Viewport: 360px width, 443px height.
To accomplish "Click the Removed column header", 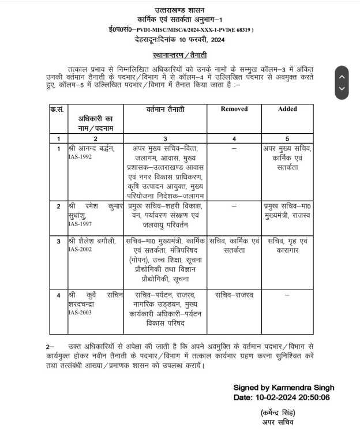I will point(234,108).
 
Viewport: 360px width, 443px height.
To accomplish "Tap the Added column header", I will point(287,108).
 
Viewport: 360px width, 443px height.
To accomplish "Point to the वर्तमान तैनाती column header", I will point(164,108).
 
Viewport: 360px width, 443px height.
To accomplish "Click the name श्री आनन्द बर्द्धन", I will point(91,149).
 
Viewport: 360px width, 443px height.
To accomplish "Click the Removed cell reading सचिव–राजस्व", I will point(234,295).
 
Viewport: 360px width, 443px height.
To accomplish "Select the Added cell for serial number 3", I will point(287,245).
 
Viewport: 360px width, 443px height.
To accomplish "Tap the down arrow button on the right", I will point(342,89).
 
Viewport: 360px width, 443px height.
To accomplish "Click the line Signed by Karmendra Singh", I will point(283,388).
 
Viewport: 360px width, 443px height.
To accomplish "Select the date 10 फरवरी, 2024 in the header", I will point(200,39).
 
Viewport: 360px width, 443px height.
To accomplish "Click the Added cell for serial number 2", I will point(287,211).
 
